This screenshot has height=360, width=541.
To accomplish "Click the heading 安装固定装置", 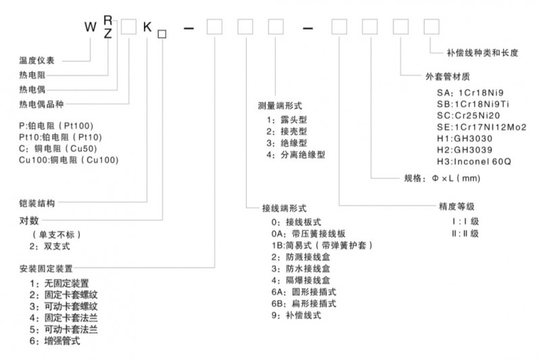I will [46, 269].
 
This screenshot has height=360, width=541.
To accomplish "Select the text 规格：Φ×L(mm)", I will [440, 179].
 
